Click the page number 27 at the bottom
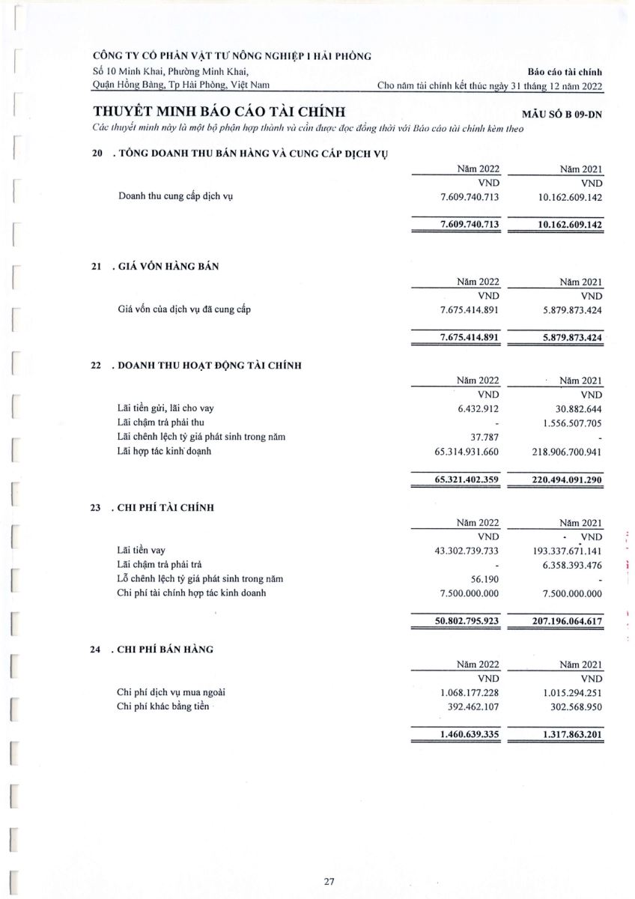[329, 882]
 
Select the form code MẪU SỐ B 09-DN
[566, 114]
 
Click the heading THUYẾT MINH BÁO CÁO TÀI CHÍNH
[219, 112]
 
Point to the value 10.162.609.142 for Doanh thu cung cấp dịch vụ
[570, 197]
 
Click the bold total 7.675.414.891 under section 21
[470, 337]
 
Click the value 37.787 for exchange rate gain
[484, 437]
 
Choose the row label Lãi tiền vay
[141, 551]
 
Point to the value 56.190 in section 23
[484, 579]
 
